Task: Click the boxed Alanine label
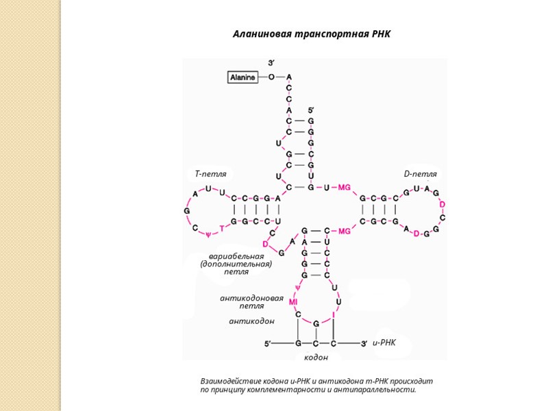[242, 77]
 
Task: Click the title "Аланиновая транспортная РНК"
[312, 34]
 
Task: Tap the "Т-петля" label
[210, 174]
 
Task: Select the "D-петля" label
[420, 174]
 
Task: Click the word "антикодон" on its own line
[251, 321]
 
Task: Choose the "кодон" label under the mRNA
[315, 357]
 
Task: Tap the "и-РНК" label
[385, 341]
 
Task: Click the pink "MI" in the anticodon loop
[292, 301]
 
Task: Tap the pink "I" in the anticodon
[334, 314]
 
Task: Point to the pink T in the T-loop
[221, 228]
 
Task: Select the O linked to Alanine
[271, 77]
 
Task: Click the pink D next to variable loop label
[265, 244]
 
